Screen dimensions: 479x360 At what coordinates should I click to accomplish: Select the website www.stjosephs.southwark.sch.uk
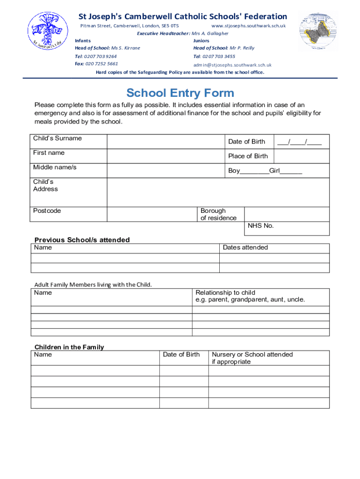tap(248, 26)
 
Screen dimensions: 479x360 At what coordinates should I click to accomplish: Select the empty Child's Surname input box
tap(166, 142)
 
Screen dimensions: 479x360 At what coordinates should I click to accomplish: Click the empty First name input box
tap(166, 156)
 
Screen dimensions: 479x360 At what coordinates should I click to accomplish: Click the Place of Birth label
tap(248, 156)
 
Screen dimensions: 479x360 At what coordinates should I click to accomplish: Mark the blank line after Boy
tap(254, 172)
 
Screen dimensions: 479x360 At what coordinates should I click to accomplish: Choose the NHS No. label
tap(260, 226)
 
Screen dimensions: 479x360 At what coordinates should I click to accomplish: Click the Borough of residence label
tap(218, 214)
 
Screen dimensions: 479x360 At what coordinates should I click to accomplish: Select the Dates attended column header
tap(245, 247)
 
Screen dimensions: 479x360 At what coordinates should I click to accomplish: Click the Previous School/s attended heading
tap(82, 240)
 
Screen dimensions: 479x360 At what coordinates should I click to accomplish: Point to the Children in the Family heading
tap(69, 347)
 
